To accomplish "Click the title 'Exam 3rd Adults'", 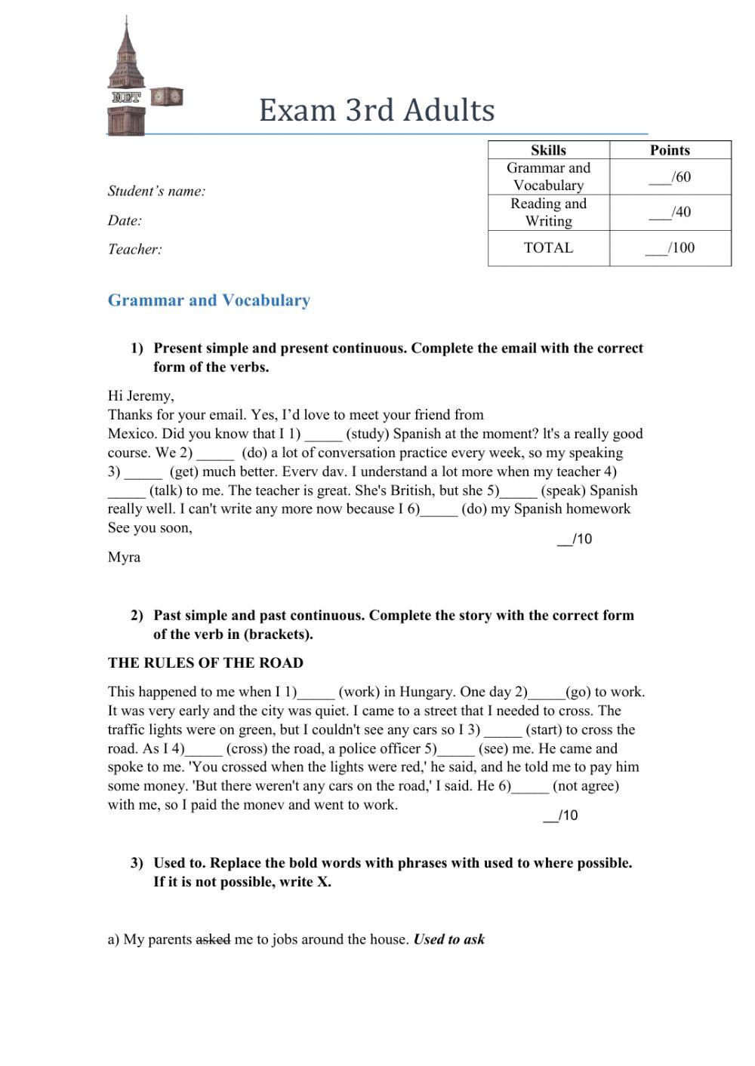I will pyautogui.click(x=377, y=110).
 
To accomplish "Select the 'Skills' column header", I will pyautogui.click(x=548, y=150).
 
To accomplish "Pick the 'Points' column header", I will pyautogui.click(x=670, y=150).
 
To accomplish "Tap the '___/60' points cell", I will pyautogui.click(x=670, y=177).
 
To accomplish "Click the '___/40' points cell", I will pyautogui.click(x=670, y=212).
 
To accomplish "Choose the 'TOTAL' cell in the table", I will pyautogui.click(x=548, y=247).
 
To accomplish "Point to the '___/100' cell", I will pyautogui.click(x=670, y=247).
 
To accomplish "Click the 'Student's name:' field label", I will pyautogui.click(x=156, y=192).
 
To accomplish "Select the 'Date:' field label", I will pyautogui.click(x=125, y=221).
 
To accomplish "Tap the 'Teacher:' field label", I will pyautogui.click(x=135, y=250).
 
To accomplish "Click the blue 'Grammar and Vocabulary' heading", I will pyautogui.click(x=209, y=300).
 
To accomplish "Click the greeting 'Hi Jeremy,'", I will pyautogui.click(x=141, y=396).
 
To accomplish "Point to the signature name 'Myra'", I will pyautogui.click(x=124, y=558).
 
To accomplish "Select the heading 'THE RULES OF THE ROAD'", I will pyautogui.click(x=205, y=663).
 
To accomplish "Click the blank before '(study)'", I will pyautogui.click(x=324, y=435).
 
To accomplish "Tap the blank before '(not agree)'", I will pyautogui.click(x=530, y=787).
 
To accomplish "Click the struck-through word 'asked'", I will pyautogui.click(x=213, y=940).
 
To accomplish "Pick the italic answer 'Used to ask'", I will pyautogui.click(x=449, y=940).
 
